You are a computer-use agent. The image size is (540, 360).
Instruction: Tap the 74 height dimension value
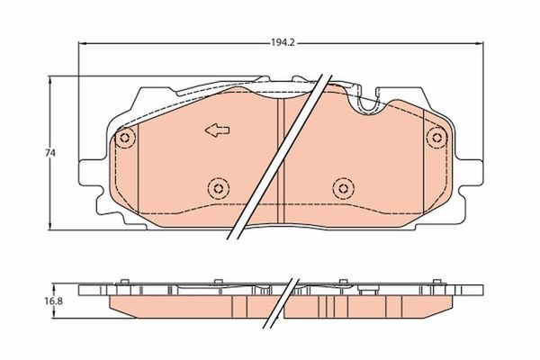51,154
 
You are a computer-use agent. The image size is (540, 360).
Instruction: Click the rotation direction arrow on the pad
217,131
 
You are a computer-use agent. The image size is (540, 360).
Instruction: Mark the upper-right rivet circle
437,138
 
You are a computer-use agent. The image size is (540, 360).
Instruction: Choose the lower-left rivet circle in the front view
216,187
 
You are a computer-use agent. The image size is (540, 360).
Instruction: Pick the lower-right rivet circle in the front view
341,187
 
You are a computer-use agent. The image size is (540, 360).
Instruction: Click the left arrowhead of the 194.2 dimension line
84,42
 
